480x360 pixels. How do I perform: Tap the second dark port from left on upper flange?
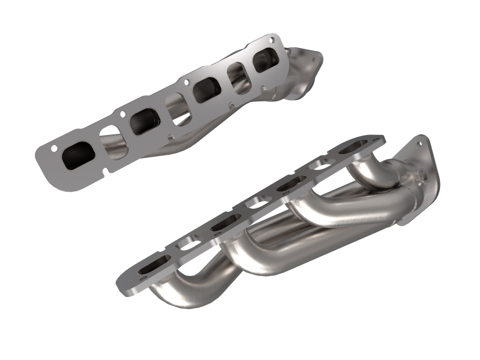coord(143,120)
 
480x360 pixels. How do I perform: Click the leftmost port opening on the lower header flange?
coord(148,269)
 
